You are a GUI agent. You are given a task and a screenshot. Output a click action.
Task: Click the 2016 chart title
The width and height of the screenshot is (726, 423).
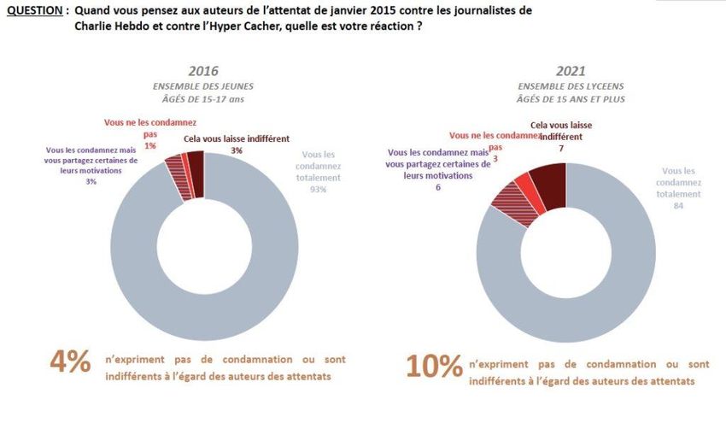(x=202, y=71)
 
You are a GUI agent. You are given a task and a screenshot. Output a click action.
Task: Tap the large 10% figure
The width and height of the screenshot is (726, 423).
(x=435, y=365)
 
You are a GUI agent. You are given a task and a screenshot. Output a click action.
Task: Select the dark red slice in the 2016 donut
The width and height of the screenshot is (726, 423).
(x=196, y=162)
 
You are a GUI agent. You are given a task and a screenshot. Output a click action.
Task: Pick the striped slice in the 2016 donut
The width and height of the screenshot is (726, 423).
(x=178, y=168)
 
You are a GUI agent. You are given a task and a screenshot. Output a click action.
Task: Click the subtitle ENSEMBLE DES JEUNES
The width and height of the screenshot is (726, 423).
(x=202, y=86)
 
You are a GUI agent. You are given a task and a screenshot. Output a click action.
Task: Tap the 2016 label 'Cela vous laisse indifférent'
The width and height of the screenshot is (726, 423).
(x=237, y=138)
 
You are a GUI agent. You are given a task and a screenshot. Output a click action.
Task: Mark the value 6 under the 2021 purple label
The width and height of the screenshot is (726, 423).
(x=437, y=187)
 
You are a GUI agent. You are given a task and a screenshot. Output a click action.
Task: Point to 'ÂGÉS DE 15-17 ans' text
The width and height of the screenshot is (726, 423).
(x=202, y=98)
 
